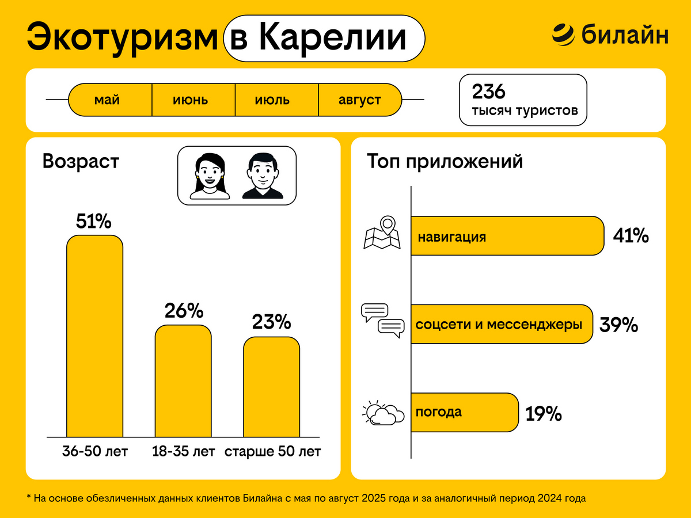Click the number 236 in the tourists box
[x=488, y=92]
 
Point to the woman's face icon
[x=210, y=176]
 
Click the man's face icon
[x=263, y=176]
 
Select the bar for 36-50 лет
[x=95, y=337]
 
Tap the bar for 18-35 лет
[x=183, y=381]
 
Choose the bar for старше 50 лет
[x=271, y=387]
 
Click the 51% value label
[x=94, y=222]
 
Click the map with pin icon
[x=382, y=233]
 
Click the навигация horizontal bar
[x=507, y=236]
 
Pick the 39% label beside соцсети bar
[x=618, y=325]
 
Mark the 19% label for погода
[x=543, y=414]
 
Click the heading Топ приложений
[x=445, y=162]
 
